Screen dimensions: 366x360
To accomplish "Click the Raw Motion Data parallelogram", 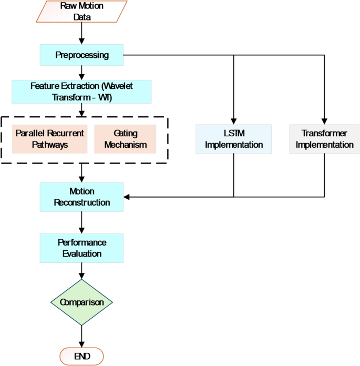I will pyautogui.click(x=81, y=12).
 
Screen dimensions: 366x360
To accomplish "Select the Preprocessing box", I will pyautogui.click(x=81, y=55).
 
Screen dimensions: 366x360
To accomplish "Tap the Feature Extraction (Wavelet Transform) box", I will pyautogui.click(x=81, y=91).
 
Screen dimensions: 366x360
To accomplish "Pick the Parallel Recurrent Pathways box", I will pyautogui.click(x=49, y=139).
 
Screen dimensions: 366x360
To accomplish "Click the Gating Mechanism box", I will pyautogui.click(x=125, y=139).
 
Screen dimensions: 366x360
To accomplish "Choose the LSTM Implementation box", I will pyautogui.click(x=233, y=139).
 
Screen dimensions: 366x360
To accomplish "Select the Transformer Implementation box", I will pyautogui.click(x=324, y=139).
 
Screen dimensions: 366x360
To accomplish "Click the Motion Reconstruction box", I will pyautogui.click(x=81, y=197).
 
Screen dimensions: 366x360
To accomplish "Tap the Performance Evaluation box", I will pyautogui.click(x=81, y=248).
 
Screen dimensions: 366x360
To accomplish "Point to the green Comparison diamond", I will pyautogui.click(x=81, y=302).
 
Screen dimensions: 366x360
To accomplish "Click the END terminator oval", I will pyautogui.click(x=81, y=356).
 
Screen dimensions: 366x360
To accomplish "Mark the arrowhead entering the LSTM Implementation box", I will pyautogui.click(x=233, y=121).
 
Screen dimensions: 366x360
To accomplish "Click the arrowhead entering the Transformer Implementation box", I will pyautogui.click(x=324, y=121).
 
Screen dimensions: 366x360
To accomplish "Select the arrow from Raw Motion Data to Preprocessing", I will pyautogui.click(x=81, y=33).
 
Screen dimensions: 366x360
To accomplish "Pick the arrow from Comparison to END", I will pyautogui.click(x=81, y=336).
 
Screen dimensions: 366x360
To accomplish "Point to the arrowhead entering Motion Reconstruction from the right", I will pyautogui.click(x=127, y=197).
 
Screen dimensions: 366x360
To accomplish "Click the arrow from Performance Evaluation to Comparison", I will pyautogui.click(x=81, y=270).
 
